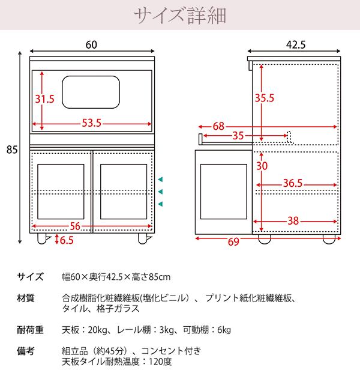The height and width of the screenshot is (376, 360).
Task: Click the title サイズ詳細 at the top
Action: coord(180,14)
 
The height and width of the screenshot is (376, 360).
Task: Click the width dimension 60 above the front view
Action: coord(91,44)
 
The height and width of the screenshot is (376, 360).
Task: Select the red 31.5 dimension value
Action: coord(44,99)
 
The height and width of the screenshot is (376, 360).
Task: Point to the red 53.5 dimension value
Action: coord(91,124)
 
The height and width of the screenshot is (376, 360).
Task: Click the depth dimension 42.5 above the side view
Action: coord(295,44)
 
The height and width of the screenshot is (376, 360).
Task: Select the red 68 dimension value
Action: coord(218,126)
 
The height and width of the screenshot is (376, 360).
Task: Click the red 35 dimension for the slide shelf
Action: coord(238,136)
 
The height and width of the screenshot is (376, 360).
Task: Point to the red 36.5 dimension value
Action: coord(292,183)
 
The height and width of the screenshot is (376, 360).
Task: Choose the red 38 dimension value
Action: coord(293,220)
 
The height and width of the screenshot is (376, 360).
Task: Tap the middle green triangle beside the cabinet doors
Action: coord(161,192)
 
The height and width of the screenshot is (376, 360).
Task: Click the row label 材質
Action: coord(26,298)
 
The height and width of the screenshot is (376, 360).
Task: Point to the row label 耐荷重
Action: coord(30,330)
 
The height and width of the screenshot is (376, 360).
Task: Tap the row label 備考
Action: coord(26,351)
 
